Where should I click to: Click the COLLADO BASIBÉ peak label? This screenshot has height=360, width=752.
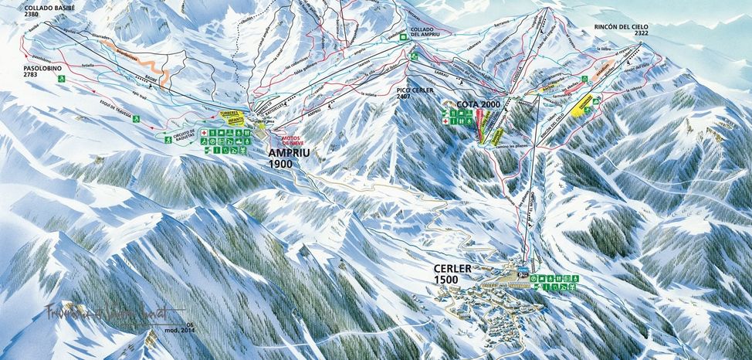point(30,8)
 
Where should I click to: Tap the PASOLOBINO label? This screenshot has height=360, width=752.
point(25,67)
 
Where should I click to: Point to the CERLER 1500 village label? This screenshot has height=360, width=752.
point(454,274)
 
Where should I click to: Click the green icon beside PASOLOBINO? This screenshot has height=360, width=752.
point(70,78)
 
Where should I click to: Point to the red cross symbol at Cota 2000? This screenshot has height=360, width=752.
point(445,114)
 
